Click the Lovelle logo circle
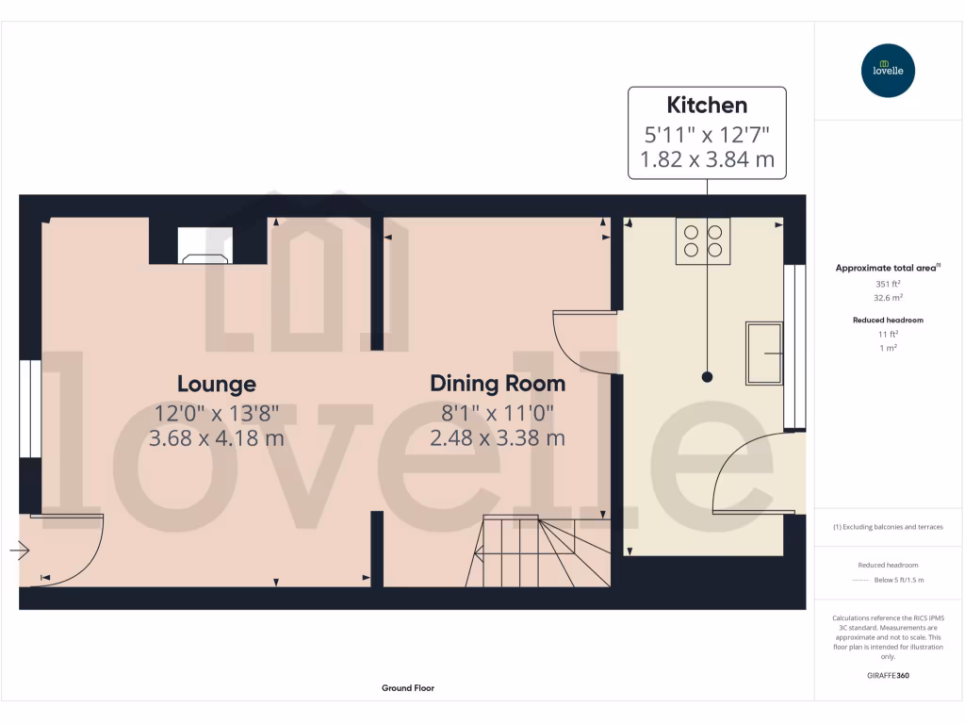[889, 71]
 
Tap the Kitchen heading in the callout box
[707, 105]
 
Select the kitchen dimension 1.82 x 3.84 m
[707, 159]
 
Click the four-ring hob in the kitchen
[703, 239]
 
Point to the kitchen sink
[764, 354]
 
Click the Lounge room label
[217, 385]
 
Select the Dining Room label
[498, 384]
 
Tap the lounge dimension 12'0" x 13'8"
[217, 412]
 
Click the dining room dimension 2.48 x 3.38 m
[498, 438]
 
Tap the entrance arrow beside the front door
[20, 550]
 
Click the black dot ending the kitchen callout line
[707, 377]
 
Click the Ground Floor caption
[408, 688]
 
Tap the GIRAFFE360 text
[888, 676]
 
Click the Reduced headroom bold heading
[888, 321]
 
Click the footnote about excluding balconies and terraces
[888, 527]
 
